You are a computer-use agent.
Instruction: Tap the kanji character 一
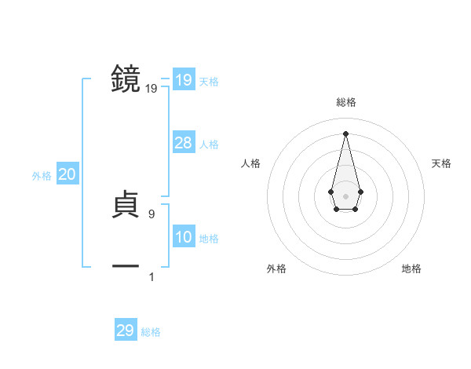point(126,267)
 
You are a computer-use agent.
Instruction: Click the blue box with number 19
point(184,80)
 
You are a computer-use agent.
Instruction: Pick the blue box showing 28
point(184,142)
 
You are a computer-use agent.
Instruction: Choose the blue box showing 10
point(184,236)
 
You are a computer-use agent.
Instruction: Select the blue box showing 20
point(68,174)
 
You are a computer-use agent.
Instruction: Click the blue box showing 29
point(126,331)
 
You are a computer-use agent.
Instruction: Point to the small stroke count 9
point(152,214)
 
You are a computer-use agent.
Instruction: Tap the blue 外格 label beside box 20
point(42,176)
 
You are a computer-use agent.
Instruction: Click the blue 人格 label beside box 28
point(209,144)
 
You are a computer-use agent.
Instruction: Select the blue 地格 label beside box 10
point(209,239)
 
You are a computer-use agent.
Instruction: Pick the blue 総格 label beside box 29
point(151,333)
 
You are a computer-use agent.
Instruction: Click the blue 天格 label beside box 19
point(209,82)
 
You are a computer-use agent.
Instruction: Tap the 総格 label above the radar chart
point(345,102)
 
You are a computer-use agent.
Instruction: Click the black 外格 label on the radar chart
point(276,269)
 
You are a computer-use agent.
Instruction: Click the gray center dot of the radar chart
point(345,195)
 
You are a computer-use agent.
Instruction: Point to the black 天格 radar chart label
point(442,163)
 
